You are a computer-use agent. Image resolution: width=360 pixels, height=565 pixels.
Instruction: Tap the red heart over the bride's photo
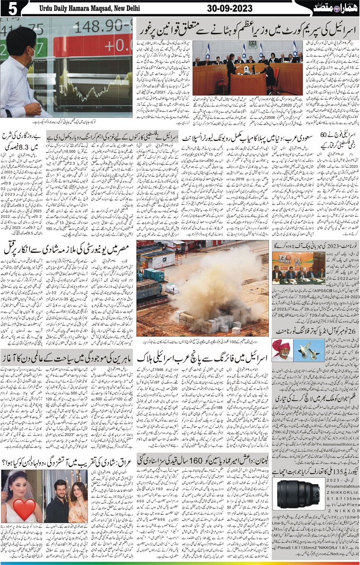(x=25, y=508)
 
